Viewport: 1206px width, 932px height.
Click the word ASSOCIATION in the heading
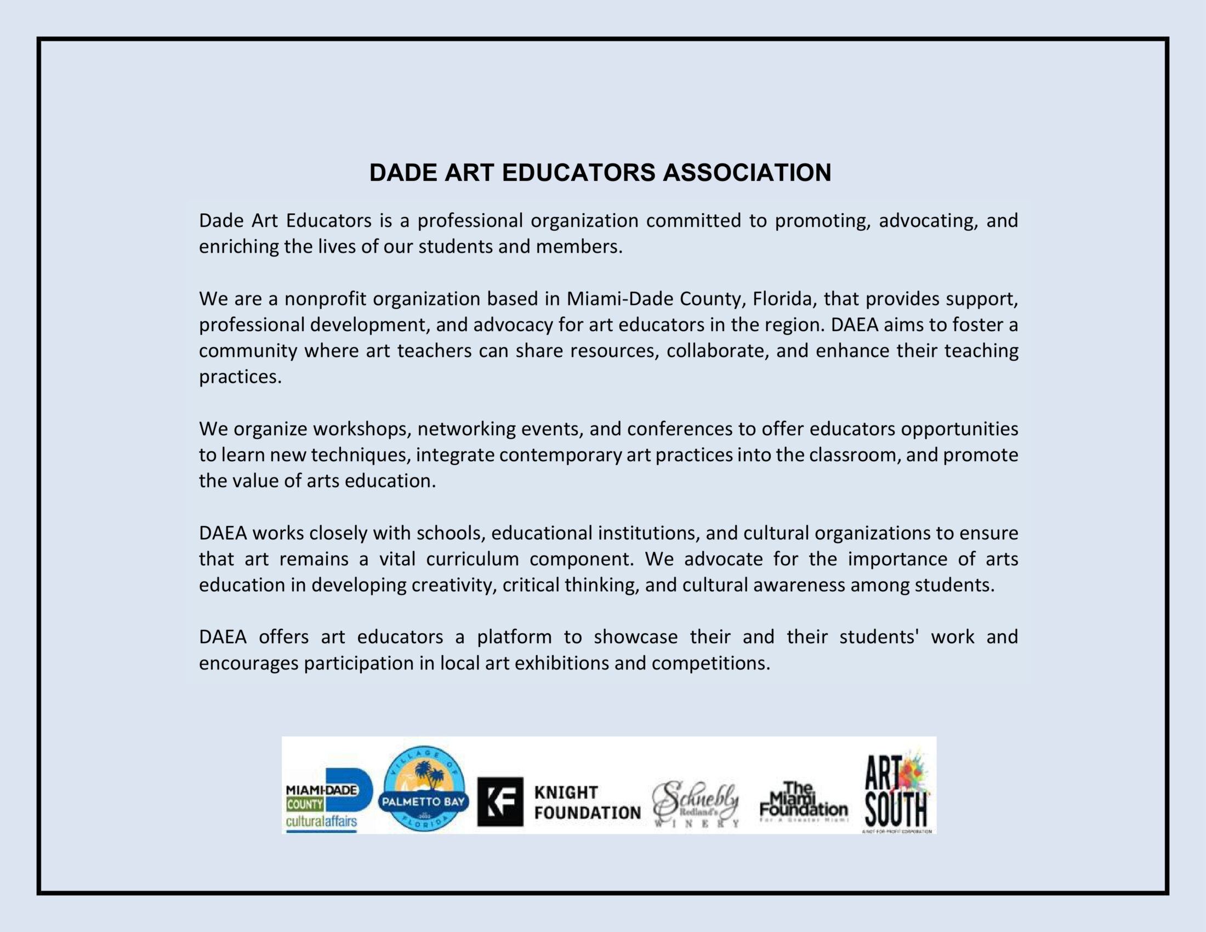tap(747, 173)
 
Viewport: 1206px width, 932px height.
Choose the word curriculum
tap(472, 559)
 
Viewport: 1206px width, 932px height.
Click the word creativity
tap(454, 586)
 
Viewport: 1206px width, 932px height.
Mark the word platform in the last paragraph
tap(514, 637)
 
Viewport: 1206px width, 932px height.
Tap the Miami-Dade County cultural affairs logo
tap(328, 799)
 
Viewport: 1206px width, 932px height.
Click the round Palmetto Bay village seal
tap(424, 788)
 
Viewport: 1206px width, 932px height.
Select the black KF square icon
tap(500, 802)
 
